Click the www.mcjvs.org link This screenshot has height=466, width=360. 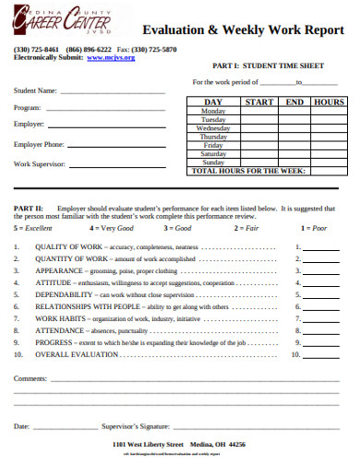[111, 57]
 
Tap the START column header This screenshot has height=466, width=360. [260, 102]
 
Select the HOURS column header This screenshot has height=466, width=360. [329, 102]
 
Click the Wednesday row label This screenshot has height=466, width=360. [213, 128]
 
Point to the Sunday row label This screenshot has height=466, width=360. [213, 162]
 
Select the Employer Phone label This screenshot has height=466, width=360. [39, 145]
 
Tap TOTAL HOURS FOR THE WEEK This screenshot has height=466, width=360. [249, 171]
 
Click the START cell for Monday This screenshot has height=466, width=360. [260, 111]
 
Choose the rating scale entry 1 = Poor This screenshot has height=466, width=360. [313, 226]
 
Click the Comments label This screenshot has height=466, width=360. [30, 377]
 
